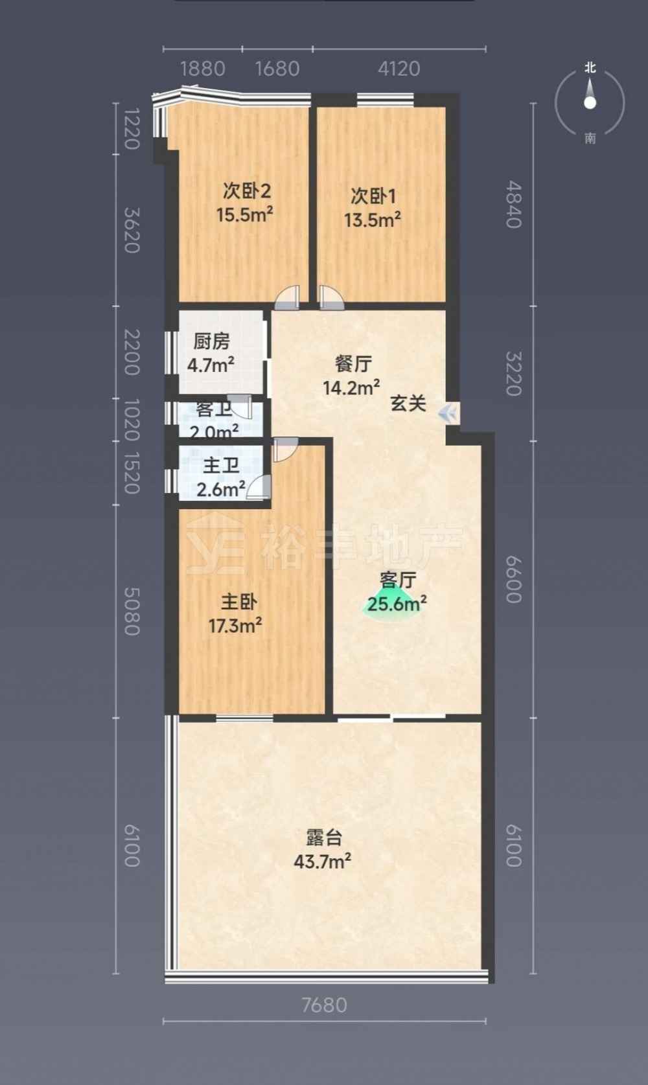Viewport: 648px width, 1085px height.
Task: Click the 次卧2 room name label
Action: (x=247, y=191)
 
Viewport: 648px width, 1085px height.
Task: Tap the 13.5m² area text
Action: (x=372, y=220)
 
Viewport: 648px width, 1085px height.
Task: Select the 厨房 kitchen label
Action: (x=211, y=341)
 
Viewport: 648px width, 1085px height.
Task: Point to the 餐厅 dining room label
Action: (x=354, y=363)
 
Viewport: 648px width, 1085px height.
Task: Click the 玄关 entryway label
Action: (x=408, y=403)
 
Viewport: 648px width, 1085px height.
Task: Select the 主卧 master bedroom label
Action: (x=239, y=602)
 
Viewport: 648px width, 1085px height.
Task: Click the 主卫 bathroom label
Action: (x=221, y=466)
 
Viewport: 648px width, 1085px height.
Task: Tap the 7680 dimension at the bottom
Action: (x=324, y=1005)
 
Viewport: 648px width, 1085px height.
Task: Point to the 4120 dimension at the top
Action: (x=399, y=69)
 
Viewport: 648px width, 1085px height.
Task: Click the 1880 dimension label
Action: (x=203, y=69)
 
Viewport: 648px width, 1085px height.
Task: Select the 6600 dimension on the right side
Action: (x=514, y=579)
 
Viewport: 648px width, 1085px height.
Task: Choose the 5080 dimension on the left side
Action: (x=132, y=611)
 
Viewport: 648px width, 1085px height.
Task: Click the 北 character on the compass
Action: (x=590, y=68)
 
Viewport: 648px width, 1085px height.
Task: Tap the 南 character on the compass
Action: (x=590, y=139)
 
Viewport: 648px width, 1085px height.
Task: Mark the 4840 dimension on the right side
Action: (x=514, y=204)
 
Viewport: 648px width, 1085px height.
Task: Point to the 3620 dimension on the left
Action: (x=132, y=230)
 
